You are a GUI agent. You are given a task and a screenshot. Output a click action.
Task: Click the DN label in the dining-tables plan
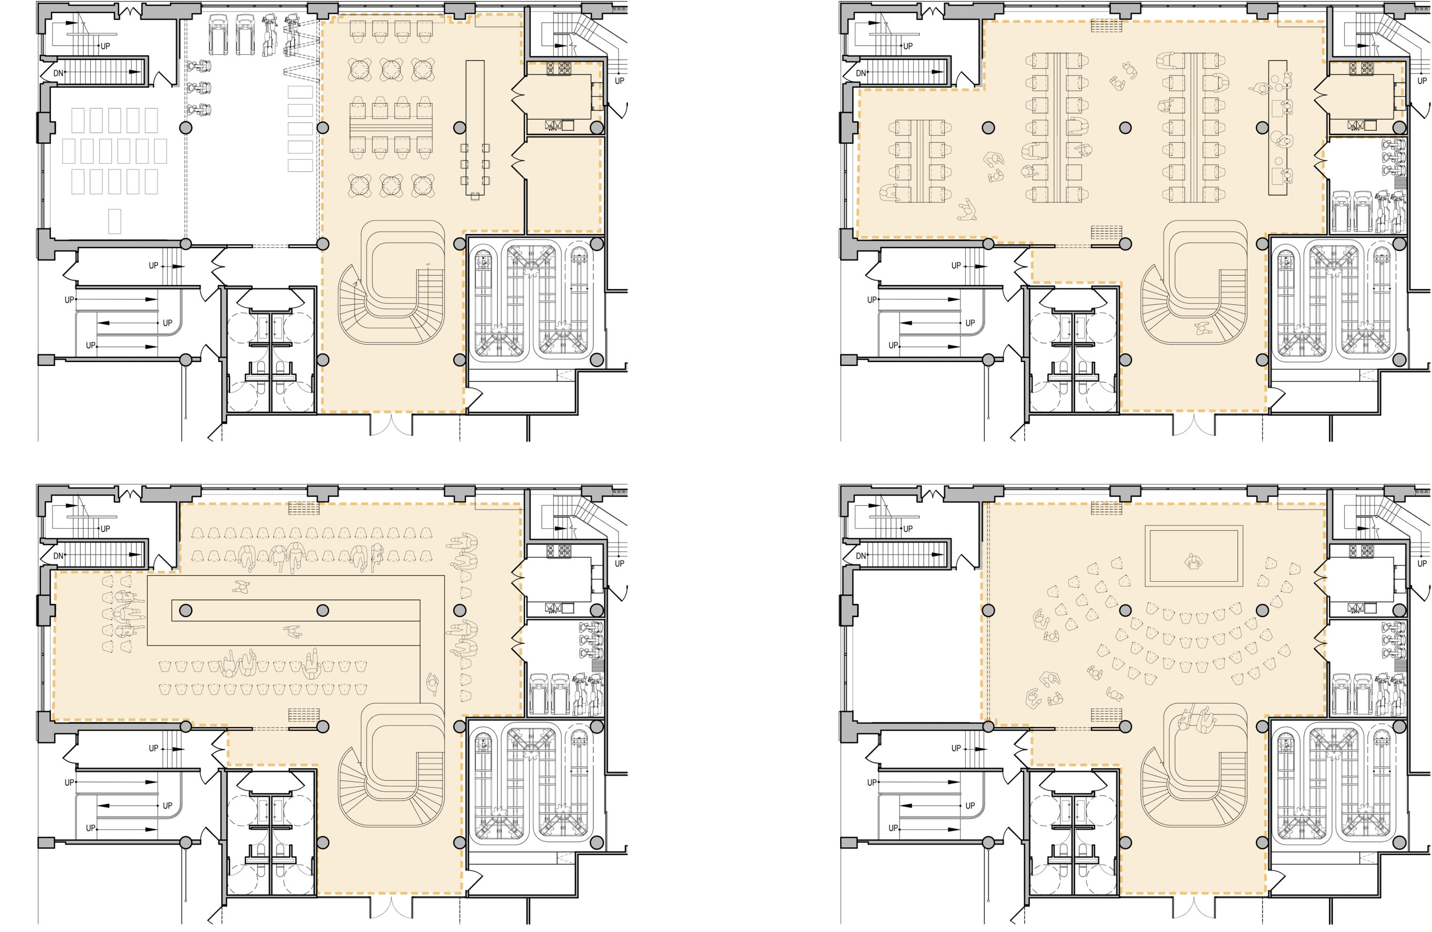pos(58,73)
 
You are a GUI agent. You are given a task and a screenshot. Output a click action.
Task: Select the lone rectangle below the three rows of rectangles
pos(114,221)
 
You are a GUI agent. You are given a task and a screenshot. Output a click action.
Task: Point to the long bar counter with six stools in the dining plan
pos(475,129)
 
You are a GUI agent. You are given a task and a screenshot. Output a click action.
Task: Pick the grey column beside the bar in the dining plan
pos(460,127)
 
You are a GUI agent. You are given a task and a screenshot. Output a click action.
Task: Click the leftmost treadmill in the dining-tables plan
pos(218,34)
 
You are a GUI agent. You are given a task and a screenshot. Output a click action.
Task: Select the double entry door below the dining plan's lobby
pos(391,424)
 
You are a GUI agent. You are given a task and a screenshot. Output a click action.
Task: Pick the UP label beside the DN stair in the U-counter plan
pos(105,529)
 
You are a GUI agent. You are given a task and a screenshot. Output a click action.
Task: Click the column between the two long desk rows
pos(1125,127)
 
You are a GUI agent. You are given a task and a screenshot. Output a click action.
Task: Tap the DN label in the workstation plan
pos(861,73)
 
